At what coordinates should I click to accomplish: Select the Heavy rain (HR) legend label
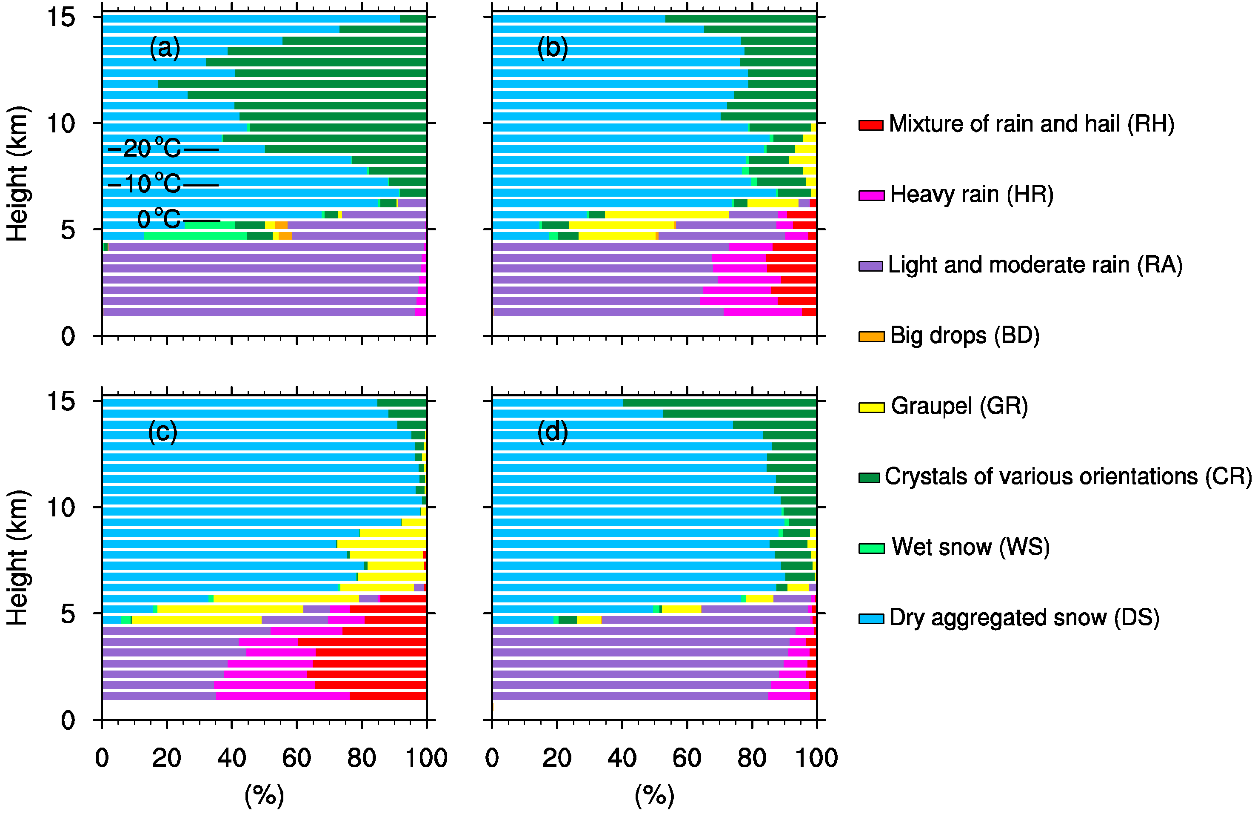(x=972, y=195)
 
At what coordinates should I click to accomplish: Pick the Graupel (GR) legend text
(x=959, y=406)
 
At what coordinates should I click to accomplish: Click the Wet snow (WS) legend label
(x=970, y=547)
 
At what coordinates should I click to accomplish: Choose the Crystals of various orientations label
(x=1068, y=476)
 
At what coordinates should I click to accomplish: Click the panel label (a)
(x=165, y=49)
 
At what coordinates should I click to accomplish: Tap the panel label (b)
(x=552, y=49)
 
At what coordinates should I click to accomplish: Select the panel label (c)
(x=163, y=432)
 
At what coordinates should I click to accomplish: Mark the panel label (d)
(x=552, y=432)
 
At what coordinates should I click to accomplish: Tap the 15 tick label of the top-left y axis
(x=61, y=17)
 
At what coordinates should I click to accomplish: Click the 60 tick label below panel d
(x=687, y=758)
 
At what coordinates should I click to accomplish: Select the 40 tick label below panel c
(x=231, y=758)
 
